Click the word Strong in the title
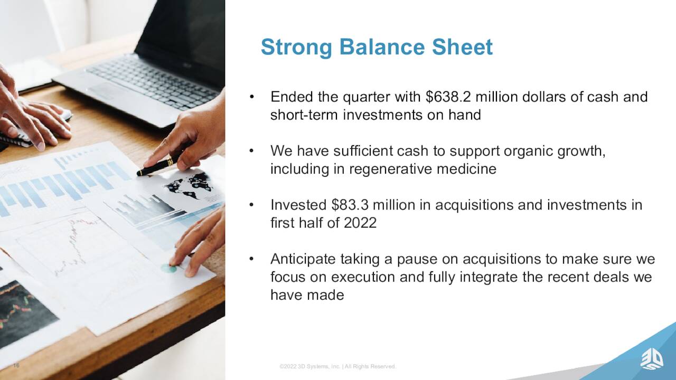(x=296, y=47)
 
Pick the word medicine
(x=466, y=168)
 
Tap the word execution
(x=363, y=277)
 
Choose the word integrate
(x=489, y=278)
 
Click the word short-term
(x=304, y=115)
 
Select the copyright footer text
(x=337, y=366)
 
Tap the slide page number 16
(x=16, y=366)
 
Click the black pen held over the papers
(x=162, y=165)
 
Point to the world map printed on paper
(x=189, y=185)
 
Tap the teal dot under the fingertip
(x=168, y=268)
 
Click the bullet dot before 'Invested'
(x=251, y=205)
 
